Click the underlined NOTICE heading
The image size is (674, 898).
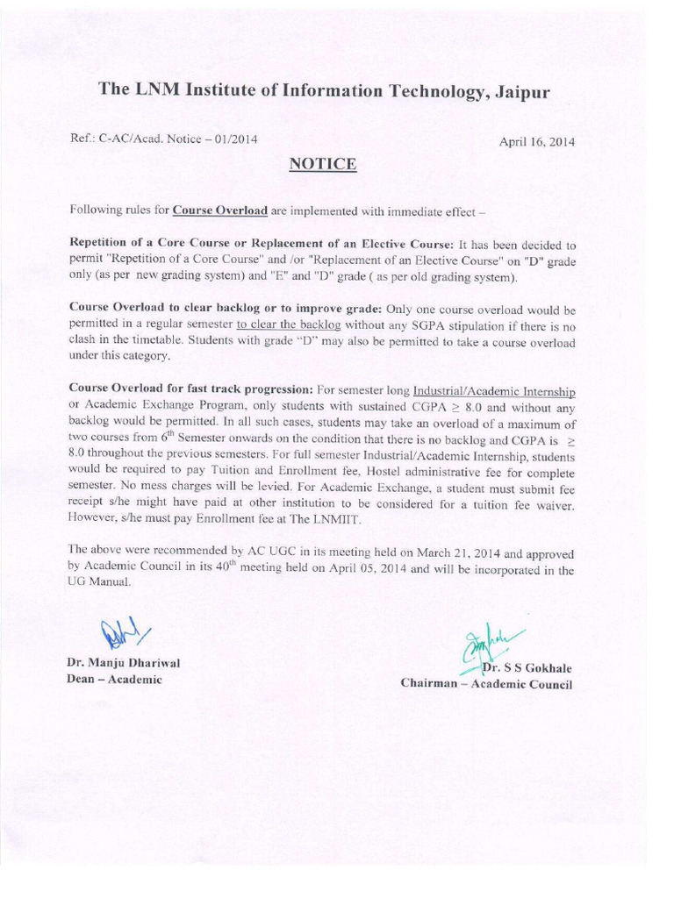coord(323,164)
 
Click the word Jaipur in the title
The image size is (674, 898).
coord(520,91)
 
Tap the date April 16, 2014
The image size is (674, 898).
coord(537,141)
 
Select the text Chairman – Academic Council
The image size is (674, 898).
coord(486,683)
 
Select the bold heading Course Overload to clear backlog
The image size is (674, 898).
coord(161,309)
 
